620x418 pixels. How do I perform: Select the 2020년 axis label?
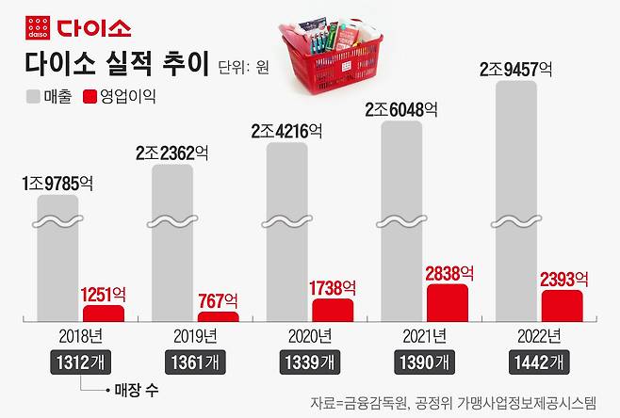pyautogui.click(x=311, y=336)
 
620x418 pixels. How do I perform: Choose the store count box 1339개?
pyautogui.click(x=311, y=362)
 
